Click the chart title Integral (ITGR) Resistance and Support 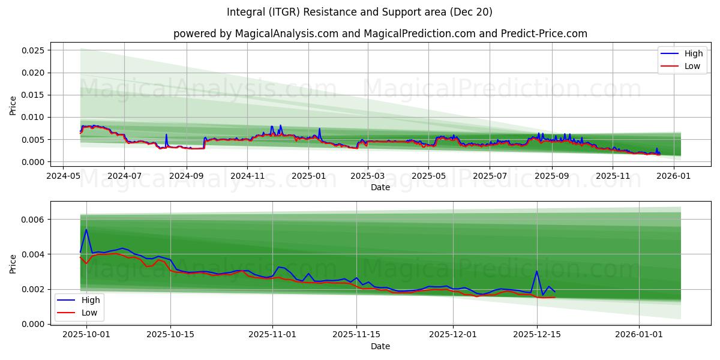tap(359, 12)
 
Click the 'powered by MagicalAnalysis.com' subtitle tap(380, 34)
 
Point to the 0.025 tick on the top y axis tap(33, 50)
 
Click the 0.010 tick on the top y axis tap(33, 117)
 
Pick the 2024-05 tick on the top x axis tap(64, 176)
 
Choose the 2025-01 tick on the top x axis tap(308, 176)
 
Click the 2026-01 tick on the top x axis tap(674, 176)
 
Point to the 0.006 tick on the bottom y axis tap(33, 220)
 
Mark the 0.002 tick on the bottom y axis tap(33, 289)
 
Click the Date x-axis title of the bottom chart tap(380, 346)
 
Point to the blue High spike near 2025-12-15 tap(536, 271)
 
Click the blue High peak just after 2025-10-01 tap(86, 229)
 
